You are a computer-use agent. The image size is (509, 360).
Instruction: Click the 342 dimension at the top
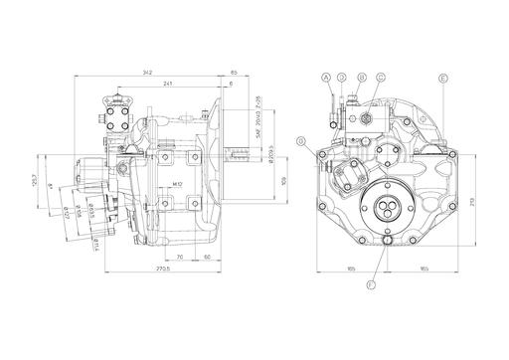pos(147,72)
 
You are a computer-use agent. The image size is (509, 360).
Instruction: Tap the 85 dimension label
pos(233,72)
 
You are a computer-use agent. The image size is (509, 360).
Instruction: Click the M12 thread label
pos(176,184)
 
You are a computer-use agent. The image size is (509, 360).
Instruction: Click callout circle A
pos(325,77)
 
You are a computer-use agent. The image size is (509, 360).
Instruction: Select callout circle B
pos(362,77)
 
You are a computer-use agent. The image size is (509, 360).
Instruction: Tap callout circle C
pos(380,77)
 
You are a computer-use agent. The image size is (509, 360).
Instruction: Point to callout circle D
pos(341,77)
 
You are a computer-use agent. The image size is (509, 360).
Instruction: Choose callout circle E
pos(443,77)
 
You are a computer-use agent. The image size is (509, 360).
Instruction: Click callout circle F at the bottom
pos(372,285)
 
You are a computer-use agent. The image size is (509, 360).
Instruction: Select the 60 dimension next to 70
pos(206,257)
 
